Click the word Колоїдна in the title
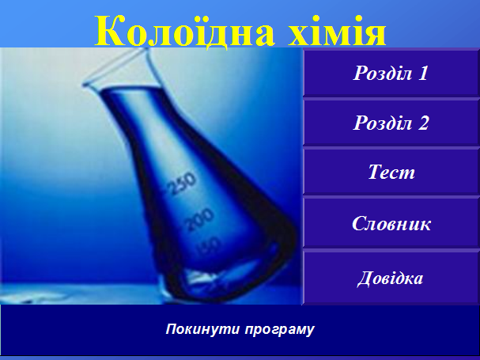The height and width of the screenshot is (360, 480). click(x=185, y=31)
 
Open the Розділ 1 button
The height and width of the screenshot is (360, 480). click(x=391, y=73)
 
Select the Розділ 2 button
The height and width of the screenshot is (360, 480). click(x=391, y=123)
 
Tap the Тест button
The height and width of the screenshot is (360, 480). click(x=391, y=172)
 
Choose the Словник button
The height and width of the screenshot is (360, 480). click(x=391, y=223)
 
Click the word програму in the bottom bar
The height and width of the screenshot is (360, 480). click(x=279, y=330)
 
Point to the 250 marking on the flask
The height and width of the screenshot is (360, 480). click(x=182, y=184)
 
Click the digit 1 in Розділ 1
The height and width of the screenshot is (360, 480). click(x=423, y=73)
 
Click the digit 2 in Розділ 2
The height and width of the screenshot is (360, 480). click(x=423, y=123)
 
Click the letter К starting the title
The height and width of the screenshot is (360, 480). click(x=108, y=31)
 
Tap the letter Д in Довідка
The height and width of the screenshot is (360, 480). click(x=365, y=279)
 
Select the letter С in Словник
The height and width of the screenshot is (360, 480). click(x=359, y=223)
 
